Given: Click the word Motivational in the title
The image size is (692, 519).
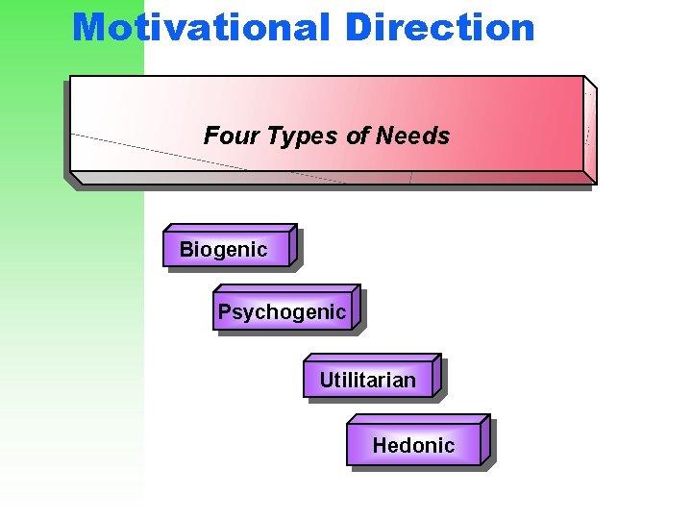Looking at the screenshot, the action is [201, 27].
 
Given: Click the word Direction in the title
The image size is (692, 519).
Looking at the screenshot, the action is [439, 27].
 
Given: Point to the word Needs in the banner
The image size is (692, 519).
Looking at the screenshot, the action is [412, 136].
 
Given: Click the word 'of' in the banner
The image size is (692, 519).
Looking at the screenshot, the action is [358, 136].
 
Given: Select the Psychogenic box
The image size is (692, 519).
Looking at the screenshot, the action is [282, 312].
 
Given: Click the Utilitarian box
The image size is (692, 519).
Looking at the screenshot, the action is [368, 381].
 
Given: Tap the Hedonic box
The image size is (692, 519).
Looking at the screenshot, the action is [413, 445].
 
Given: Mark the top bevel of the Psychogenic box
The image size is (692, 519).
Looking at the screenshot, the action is [287, 288].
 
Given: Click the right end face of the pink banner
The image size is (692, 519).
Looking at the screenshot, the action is [590, 130].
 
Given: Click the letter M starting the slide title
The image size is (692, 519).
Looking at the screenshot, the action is [89, 27].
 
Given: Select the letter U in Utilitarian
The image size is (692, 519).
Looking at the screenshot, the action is [326, 381].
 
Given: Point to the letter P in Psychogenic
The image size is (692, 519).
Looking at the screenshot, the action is [224, 311].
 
